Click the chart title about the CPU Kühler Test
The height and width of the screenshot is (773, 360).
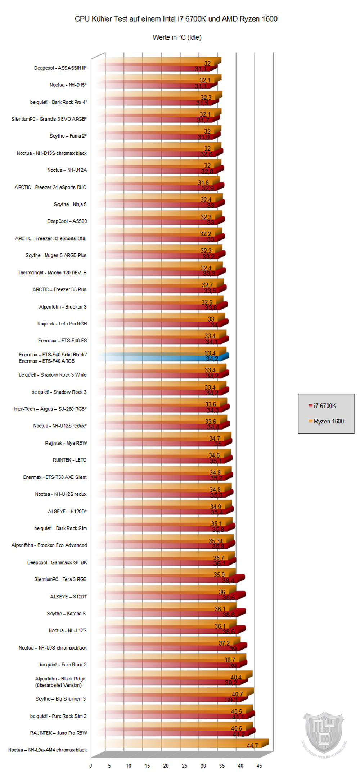pyautogui.click(x=176, y=19)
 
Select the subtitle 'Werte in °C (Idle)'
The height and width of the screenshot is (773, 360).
pyautogui.click(x=177, y=37)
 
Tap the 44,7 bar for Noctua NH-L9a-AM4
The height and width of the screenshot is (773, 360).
pyautogui.click(x=187, y=745)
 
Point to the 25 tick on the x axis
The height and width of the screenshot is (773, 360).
pyautogui.click(x=184, y=765)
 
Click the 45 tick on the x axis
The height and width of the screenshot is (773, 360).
pyautogui.click(x=259, y=765)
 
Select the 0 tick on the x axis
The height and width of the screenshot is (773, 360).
pyautogui.click(x=91, y=765)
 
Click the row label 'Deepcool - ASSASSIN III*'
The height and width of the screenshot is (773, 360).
pyautogui.click(x=60, y=68)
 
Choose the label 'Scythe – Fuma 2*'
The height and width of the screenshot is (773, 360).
pyautogui.click(x=68, y=136)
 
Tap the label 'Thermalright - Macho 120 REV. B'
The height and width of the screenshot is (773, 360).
pyautogui.click(x=52, y=273)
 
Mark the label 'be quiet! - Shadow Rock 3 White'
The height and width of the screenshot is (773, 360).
pyautogui.click(x=53, y=375)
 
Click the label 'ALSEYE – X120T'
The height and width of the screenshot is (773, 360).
pyautogui.click(x=68, y=597)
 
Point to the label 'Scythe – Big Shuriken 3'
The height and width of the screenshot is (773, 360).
pyautogui.click(x=60, y=699)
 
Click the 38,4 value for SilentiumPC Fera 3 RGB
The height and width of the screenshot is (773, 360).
pyautogui.click(x=228, y=580)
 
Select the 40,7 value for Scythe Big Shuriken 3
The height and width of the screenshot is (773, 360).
pyautogui.click(x=237, y=694)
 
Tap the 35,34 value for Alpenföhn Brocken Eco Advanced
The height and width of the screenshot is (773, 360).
pyautogui.click(x=216, y=541)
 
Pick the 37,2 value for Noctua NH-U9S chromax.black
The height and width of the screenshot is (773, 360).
pyautogui.click(x=224, y=643)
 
